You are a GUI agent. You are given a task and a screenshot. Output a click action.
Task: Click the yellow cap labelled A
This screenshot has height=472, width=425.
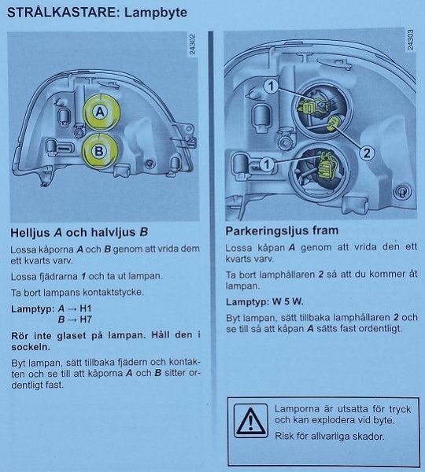(x=102, y=112)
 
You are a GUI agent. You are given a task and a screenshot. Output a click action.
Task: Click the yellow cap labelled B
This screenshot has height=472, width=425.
(x=100, y=150)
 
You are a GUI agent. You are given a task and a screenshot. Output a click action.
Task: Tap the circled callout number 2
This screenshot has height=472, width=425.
(x=367, y=153)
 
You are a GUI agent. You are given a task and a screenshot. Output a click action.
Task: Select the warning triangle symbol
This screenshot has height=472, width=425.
(x=250, y=421)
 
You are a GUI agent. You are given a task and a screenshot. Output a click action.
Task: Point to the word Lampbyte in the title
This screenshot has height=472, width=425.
(x=156, y=13)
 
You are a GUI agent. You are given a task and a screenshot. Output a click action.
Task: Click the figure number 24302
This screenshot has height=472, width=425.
(x=192, y=44)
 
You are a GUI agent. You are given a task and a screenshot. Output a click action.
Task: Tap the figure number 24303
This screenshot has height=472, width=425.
(x=410, y=39)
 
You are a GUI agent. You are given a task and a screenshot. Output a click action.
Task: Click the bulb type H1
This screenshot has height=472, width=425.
(x=86, y=308)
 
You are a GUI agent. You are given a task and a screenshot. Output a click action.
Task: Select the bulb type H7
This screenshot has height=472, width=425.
(x=86, y=319)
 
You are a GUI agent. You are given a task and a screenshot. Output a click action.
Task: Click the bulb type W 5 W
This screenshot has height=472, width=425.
(x=287, y=301)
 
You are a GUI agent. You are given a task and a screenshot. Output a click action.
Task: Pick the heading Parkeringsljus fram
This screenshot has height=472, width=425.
(x=282, y=230)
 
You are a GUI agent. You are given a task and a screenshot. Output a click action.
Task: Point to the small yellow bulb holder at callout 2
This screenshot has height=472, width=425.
(x=334, y=124)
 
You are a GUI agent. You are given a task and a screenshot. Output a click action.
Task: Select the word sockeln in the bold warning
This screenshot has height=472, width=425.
(x=31, y=347)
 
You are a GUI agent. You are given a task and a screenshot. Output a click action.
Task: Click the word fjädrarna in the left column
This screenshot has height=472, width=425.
(x=58, y=276)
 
